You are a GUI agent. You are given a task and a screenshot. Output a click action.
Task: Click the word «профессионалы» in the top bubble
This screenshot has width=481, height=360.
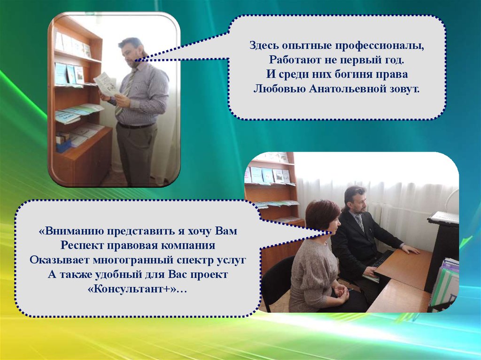[x=380, y=46]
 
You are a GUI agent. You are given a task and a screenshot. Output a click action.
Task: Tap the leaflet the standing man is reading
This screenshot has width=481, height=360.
[x=106, y=84]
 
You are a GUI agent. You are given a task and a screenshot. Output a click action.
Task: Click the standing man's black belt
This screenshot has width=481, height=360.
[x=135, y=125]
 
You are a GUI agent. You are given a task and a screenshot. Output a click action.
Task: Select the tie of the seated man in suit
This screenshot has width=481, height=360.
[x=360, y=223]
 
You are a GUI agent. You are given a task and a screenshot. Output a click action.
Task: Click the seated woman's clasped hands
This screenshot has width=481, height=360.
[x=341, y=294]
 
